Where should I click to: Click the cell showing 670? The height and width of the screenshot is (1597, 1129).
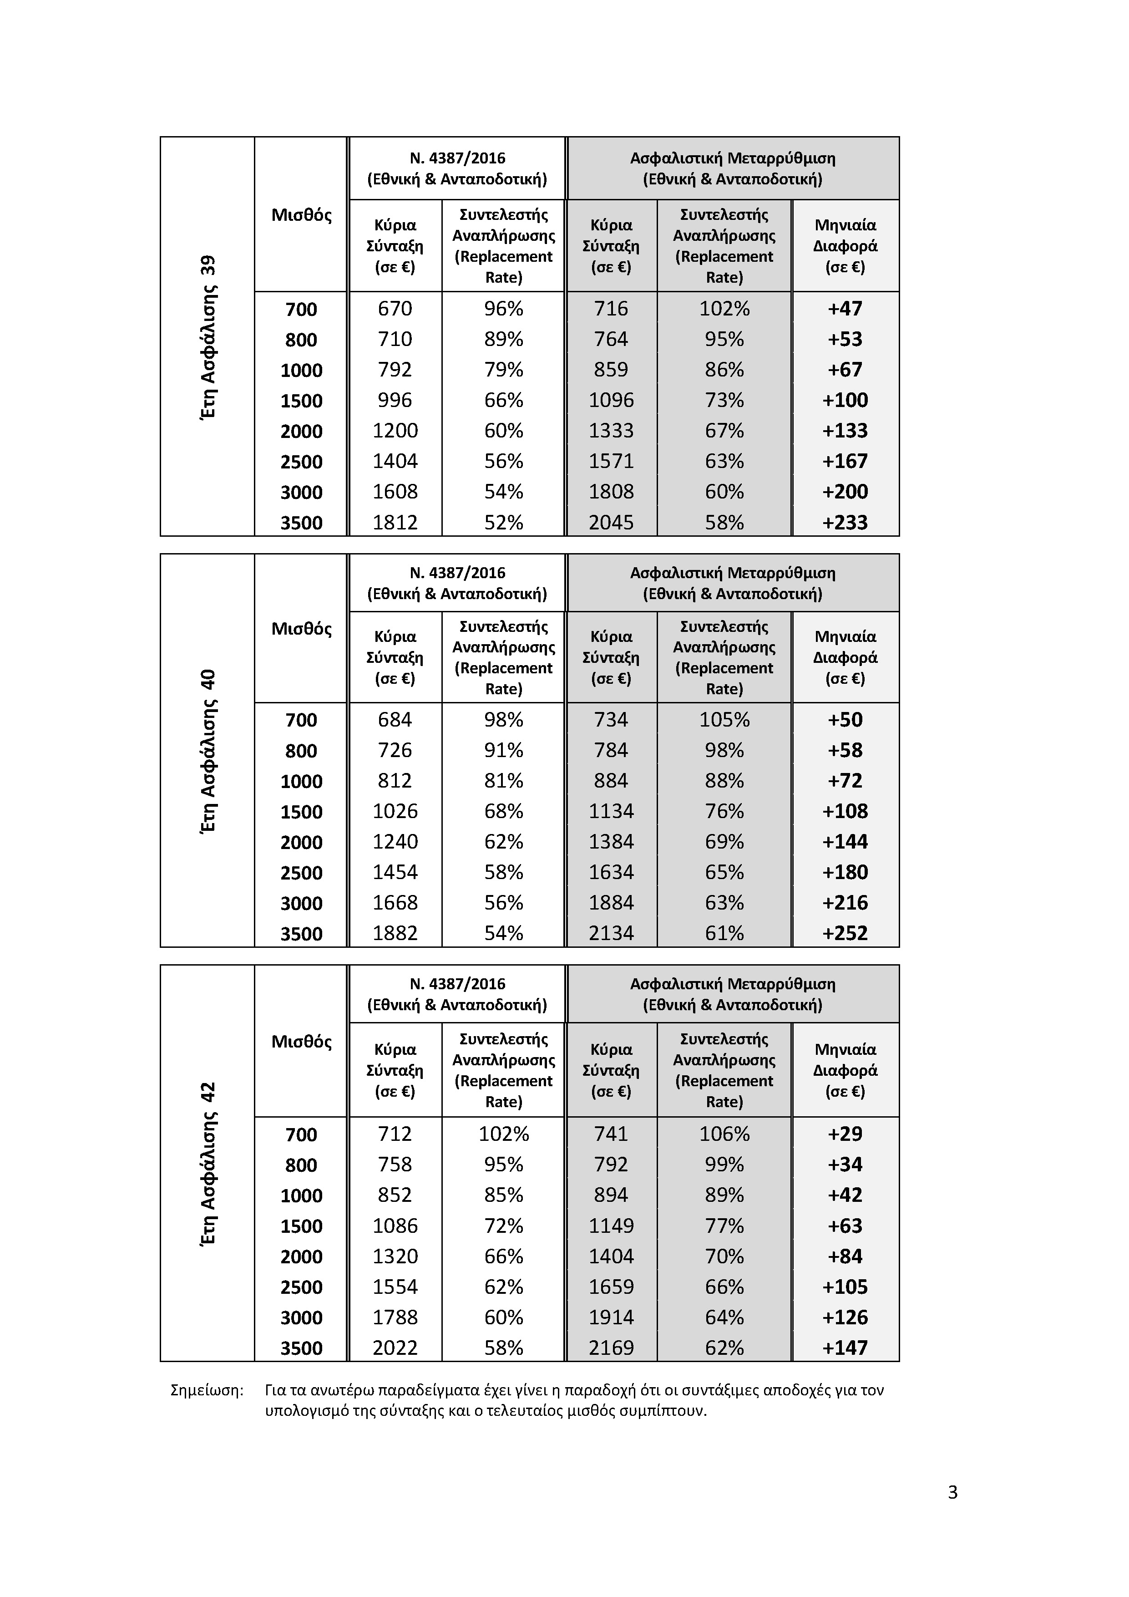[395, 308]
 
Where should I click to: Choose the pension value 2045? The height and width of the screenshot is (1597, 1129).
[611, 522]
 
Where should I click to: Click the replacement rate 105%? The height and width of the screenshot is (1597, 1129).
[724, 720]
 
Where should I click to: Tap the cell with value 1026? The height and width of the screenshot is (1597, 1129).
[395, 812]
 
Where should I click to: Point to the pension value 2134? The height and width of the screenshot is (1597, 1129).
[611, 933]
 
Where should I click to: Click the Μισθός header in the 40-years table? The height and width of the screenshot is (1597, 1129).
[301, 629]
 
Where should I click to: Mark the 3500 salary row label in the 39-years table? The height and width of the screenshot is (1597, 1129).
[301, 522]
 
